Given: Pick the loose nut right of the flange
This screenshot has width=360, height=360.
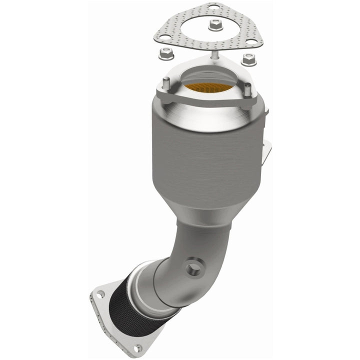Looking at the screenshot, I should (x=248, y=58).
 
